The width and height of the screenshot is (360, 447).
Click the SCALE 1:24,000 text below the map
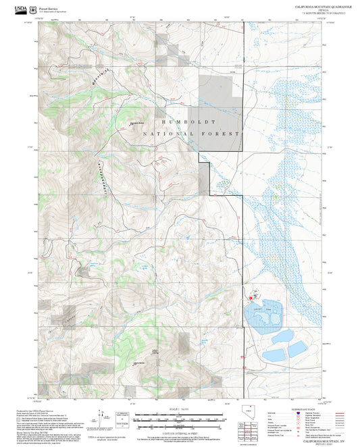pos(170,410)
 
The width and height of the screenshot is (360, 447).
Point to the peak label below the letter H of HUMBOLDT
pos(136,123)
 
